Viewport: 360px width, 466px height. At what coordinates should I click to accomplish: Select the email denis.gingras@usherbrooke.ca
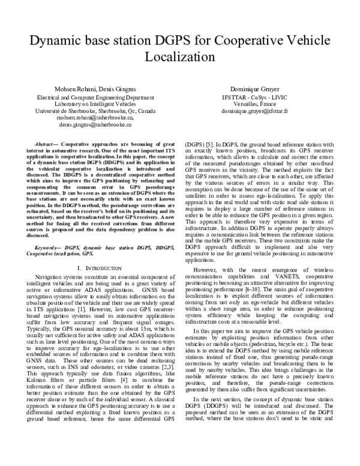tap(95, 125)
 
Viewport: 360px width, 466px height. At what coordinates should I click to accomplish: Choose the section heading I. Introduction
tap(95, 265)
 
